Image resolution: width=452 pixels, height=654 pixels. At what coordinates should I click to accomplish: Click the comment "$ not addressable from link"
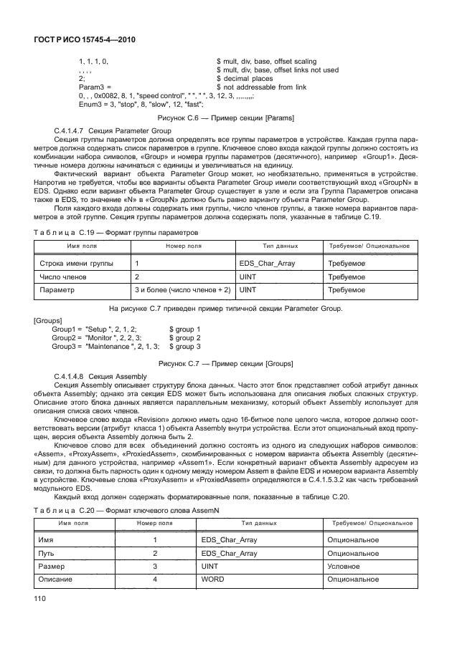pyautogui.click(x=261, y=86)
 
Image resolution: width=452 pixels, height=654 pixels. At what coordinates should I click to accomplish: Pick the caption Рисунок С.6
pyautogui.click(x=226, y=117)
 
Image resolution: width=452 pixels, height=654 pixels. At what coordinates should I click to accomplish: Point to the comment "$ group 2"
pyautogui.click(x=184, y=336)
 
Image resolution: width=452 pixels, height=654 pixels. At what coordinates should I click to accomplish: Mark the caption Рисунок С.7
pyautogui.click(x=226, y=363)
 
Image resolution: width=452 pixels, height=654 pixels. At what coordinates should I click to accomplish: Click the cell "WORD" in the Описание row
pyautogui.click(x=212, y=579)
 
